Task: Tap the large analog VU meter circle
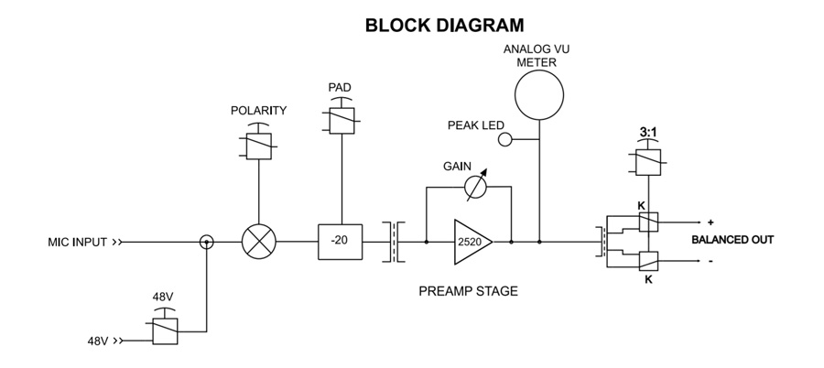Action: click(x=540, y=95)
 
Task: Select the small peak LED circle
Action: click(x=504, y=139)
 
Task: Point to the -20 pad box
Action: click(x=341, y=242)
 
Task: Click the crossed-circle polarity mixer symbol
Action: click(x=259, y=242)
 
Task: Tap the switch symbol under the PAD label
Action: click(x=341, y=122)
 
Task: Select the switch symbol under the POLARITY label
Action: click(x=259, y=146)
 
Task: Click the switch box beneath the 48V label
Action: click(x=165, y=331)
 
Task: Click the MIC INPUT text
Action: click(x=78, y=243)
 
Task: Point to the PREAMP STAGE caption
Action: click(x=468, y=292)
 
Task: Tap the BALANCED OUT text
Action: click(x=733, y=240)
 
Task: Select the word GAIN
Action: click(x=457, y=167)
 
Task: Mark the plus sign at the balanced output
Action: click(x=710, y=222)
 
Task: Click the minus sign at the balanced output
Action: click(x=710, y=260)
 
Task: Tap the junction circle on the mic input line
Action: click(x=207, y=242)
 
